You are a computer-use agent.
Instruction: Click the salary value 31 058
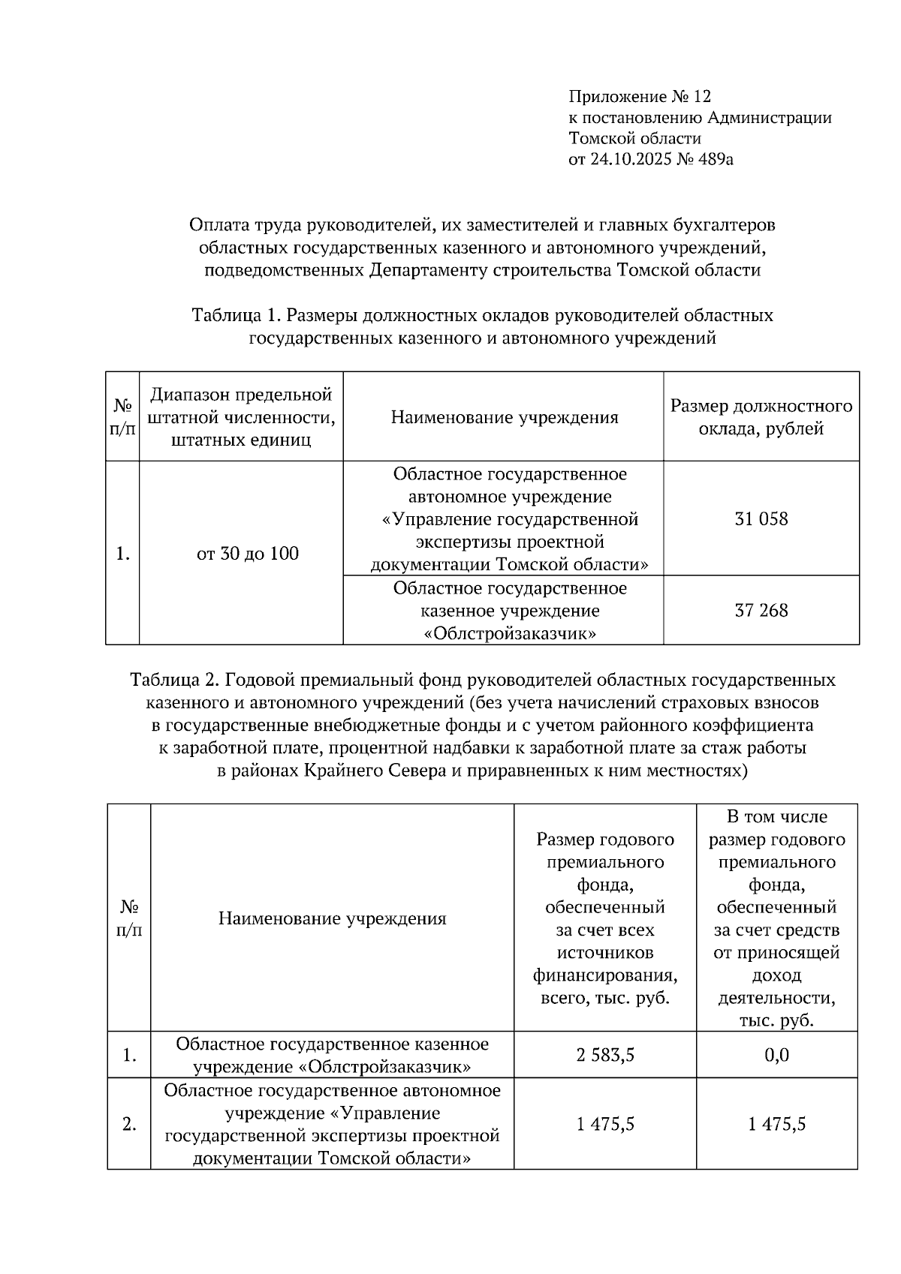pyautogui.click(x=761, y=519)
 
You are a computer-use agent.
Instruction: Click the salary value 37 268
pyautogui.click(x=761, y=611)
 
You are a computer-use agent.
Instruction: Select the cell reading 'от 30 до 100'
pyautogui.click(x=247, y=554)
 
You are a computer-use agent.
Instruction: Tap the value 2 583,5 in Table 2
pyautogui.click(x=605, y=1055)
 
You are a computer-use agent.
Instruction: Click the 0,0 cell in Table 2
pyautogui.click(x=776, y=1055)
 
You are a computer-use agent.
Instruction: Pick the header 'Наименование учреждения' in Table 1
pyautogui.click(x=504, y=417)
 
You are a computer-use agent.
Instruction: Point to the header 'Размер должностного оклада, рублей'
pyautogui.click(x=761, y=417)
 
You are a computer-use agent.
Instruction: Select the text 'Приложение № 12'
pyautogui.click(x=639, y=97)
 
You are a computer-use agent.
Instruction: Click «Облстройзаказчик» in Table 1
pyautogui.click(x=510, y=634)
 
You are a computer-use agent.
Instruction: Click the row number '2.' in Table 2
pyautogui.click(x=129, y=1124)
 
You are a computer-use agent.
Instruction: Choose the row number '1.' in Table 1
pyautogui.click(x=123, y=554)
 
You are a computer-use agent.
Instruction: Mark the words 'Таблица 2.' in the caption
pyautogui.click(x=175, y=681)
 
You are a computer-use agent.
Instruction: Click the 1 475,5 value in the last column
pyautogui.click(x=776, y=1124)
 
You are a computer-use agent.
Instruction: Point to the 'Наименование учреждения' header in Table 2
pyautogui.click(x=332, y=918)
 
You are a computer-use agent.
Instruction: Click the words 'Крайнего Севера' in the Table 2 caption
pyautogui.click(x=375, y=771)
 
